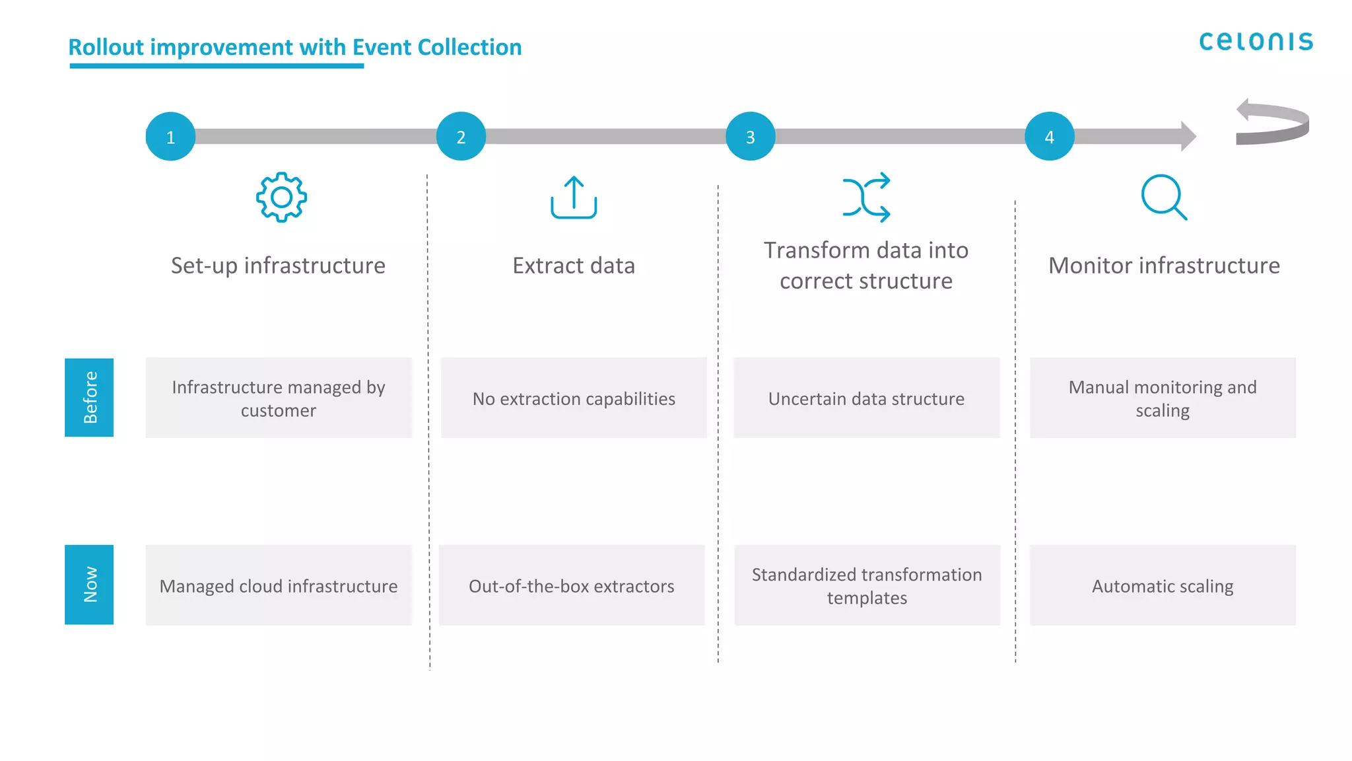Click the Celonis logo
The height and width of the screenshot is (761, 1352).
pos(1256,42)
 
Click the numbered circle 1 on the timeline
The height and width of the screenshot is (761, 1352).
pos(170,137)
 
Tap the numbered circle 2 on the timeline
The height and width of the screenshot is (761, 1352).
pos(461,137)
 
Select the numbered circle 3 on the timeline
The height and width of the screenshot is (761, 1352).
pos(750,137)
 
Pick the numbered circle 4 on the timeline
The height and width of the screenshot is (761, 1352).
pos(1049,137)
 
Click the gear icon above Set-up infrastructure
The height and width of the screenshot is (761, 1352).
pos(281,197)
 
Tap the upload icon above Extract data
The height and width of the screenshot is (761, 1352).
pos(574,197)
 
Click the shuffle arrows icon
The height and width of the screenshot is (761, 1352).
pos(866,197)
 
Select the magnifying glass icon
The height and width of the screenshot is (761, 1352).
pos(1163,197)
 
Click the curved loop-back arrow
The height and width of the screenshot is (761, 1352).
pos(1272,122)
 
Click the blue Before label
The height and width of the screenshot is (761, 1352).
pos(89,397)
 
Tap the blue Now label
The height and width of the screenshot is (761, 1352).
pos(89,584)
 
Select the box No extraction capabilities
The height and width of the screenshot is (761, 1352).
pos(574,398)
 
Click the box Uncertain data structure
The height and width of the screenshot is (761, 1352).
pos(866,398)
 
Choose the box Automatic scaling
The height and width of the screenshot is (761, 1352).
pos(1163,585)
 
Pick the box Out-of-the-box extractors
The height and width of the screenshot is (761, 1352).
pos(572,585)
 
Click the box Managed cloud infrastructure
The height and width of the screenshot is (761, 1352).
pos(279,585)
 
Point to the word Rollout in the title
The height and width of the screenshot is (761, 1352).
pos(106,48)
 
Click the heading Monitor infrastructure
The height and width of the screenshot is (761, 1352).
pos(1164,266)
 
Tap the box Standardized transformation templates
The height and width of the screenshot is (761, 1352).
pos(867,585)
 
